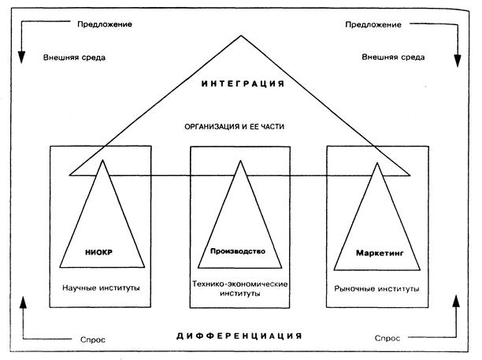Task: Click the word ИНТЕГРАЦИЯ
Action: tap(243, 84)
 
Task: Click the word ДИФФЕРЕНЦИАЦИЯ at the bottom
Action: tap(239, 336)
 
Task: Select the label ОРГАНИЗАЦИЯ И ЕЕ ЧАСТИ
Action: tap(234, 127)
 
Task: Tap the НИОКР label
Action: tap(98, 252)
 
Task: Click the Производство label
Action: tap(238, 251)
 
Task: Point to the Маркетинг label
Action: tap(380, 253)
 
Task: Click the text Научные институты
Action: tap(101, 288)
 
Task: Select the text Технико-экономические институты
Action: tap(239, 288)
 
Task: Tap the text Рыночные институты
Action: tap(376, 288)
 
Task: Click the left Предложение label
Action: tap(105, 24)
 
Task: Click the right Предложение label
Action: tap(373, 24)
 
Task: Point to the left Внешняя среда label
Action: tap(74, 58)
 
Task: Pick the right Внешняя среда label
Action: tap(393, 57)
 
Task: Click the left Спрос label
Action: tap(93, 340)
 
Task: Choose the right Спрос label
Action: tap(387, 338)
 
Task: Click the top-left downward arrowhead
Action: tap(21, 57)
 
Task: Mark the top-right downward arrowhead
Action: tap(458, 61)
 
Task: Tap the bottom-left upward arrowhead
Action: tap(23, 302)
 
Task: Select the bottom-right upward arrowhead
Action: tap(456, 301)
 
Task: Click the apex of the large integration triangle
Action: tap(241, 35)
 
